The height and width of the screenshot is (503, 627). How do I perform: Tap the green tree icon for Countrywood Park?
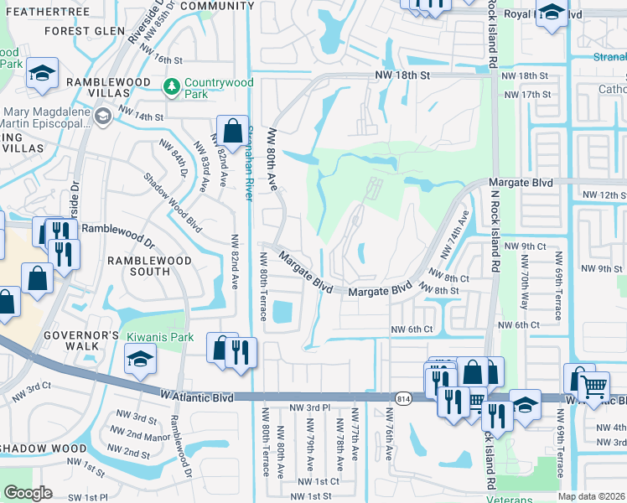tap(171, 86)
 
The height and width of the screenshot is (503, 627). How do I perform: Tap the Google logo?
tap(28, 493)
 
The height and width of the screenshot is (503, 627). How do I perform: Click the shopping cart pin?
tap(594, 385)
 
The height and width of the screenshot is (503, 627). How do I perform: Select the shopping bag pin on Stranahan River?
tap(232, 131)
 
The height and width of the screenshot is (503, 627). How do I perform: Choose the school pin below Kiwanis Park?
tap(140, 360)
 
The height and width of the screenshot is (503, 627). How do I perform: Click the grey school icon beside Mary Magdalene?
tap(102, 117)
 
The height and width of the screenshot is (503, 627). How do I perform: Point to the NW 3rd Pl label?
tap(309, 407)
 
